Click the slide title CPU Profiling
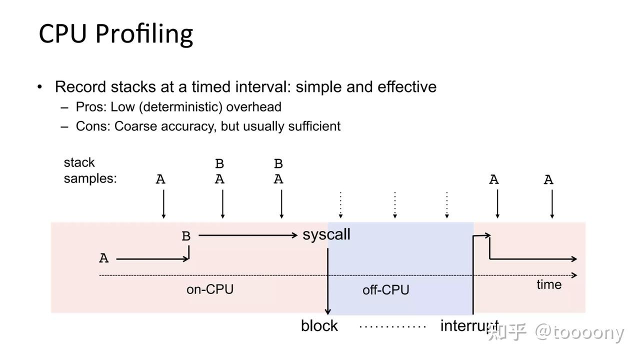[115, 34]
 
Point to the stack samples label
[90, 170]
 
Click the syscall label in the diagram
[326, 234]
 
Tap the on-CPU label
[209, 289]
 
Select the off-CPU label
[385, 290]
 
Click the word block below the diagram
[319, 326]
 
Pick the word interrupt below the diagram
[468, 326]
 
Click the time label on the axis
[548, 284]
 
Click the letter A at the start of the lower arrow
[103, 258]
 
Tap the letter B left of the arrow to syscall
[186, 236]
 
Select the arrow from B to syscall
[247, 235]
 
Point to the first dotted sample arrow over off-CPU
[340, 205]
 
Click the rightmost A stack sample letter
[548, 180]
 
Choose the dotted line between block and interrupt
[392, 326]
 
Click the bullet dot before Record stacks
[40, 87]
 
